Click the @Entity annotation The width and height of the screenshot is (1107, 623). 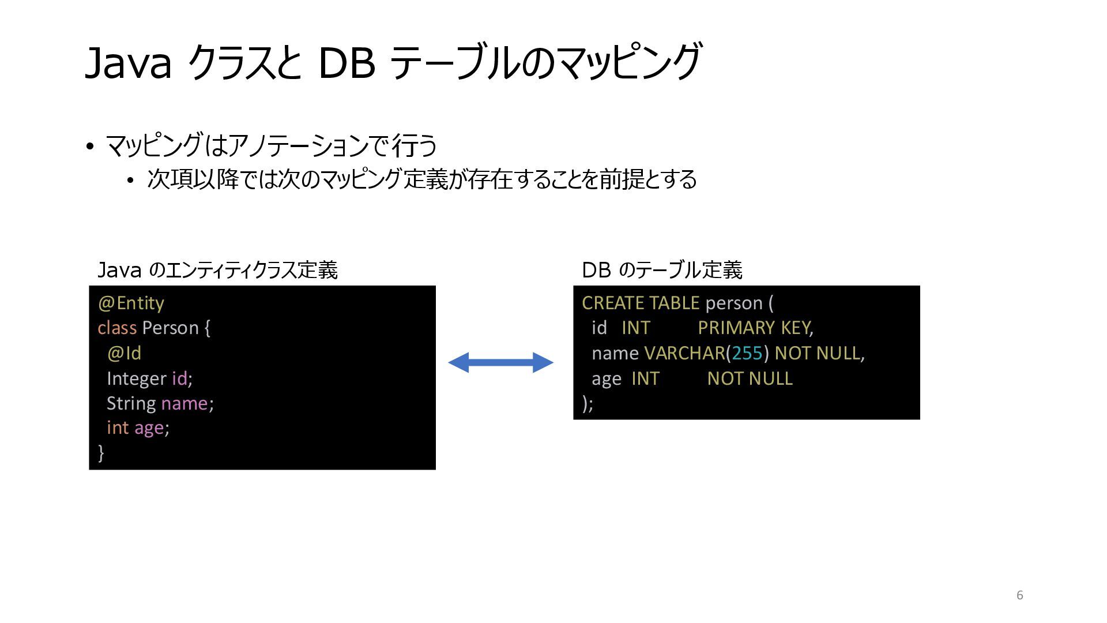coord(131,303)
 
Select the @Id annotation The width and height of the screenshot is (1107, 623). coord(124,353)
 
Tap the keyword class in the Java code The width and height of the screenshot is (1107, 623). coord(117,328)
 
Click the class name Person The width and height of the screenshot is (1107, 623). coord(170,328)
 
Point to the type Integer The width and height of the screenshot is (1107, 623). coord(137,378)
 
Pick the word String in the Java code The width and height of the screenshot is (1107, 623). coord(131,403)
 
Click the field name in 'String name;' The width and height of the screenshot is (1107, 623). coord(184,403)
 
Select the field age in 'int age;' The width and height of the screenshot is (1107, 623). coord(149,428)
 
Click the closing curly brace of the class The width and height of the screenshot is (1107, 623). coord(101,452)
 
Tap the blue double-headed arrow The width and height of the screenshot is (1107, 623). coord(500,362)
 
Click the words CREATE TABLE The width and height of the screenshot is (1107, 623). coord(640,303)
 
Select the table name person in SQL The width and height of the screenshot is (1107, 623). coord(734,303)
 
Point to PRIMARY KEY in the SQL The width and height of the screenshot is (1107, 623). coord(754,328)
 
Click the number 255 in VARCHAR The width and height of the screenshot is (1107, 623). coord(747,353)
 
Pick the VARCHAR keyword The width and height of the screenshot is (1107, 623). coord(684,353)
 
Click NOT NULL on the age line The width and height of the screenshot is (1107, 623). coord(750,378)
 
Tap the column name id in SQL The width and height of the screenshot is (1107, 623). coord(599,328)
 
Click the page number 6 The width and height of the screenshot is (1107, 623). coord(1019,595)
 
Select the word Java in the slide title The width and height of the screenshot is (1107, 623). coord(129,63)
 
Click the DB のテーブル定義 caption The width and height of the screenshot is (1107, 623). coord(662,270)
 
